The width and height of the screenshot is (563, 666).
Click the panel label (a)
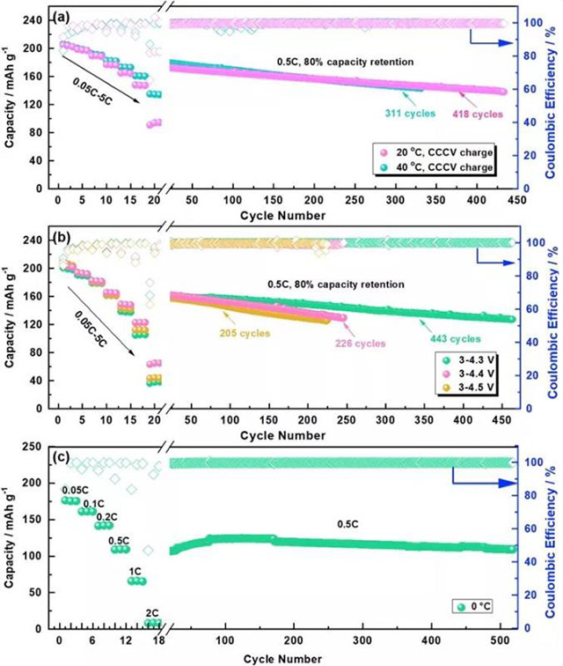(x=69, y=16)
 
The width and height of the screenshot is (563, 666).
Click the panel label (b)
(x=69, y=235)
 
